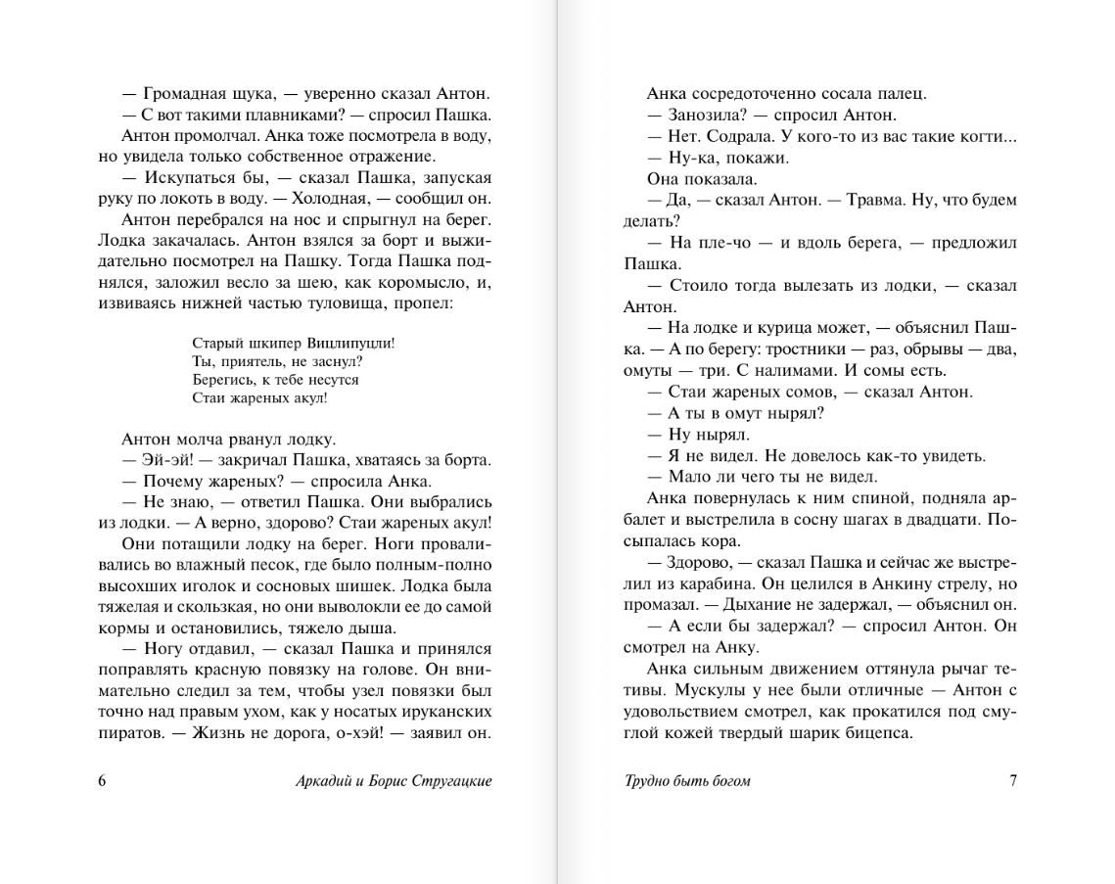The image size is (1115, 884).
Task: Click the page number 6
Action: (x=103, y=780)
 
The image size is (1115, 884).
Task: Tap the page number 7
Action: (x=1013, y=780)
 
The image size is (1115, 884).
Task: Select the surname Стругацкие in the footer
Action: (x=449, y=780)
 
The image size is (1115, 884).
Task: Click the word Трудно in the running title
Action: (x=648, y=780)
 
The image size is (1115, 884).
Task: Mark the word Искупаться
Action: (x=189, y=178)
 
